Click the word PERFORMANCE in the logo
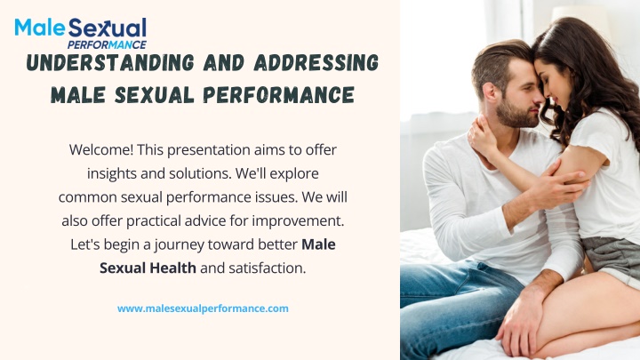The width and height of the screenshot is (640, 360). pos(107,44)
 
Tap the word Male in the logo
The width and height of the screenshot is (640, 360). pos(40,28)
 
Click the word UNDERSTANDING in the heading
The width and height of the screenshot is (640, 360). pos(110,63)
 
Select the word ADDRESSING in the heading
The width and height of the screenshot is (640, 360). pos(316,63)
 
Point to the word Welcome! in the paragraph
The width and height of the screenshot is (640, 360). pos(101,150)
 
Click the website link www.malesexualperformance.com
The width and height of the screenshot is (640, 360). pos(203,308)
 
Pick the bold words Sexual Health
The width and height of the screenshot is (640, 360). pos(148,268)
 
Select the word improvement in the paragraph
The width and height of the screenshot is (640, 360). pos(298,221)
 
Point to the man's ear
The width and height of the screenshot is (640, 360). pos(490,91)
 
